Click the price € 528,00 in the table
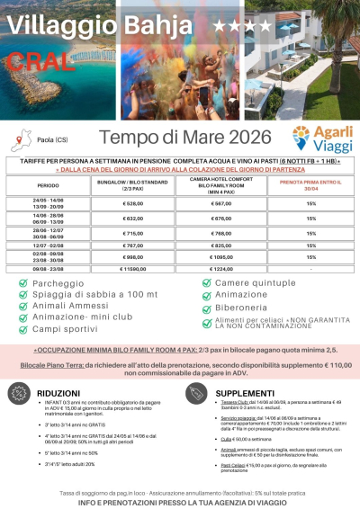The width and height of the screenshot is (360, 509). click(x=133, y=203)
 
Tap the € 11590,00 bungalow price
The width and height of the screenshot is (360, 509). click(x=134, y=268)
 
